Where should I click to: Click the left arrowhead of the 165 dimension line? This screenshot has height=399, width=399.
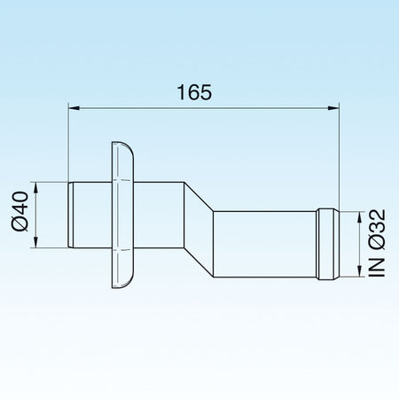[x=75, y=109]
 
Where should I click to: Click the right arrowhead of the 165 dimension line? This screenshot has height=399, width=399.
[x=333, y=109]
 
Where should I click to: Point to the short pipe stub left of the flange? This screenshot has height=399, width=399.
[x=90, y=214]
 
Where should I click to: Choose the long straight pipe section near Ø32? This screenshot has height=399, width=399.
[x=266, y=242]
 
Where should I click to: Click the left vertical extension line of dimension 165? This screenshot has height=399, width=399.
[x=69, y=142]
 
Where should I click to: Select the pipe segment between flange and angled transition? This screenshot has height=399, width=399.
[x=160, y=214]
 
